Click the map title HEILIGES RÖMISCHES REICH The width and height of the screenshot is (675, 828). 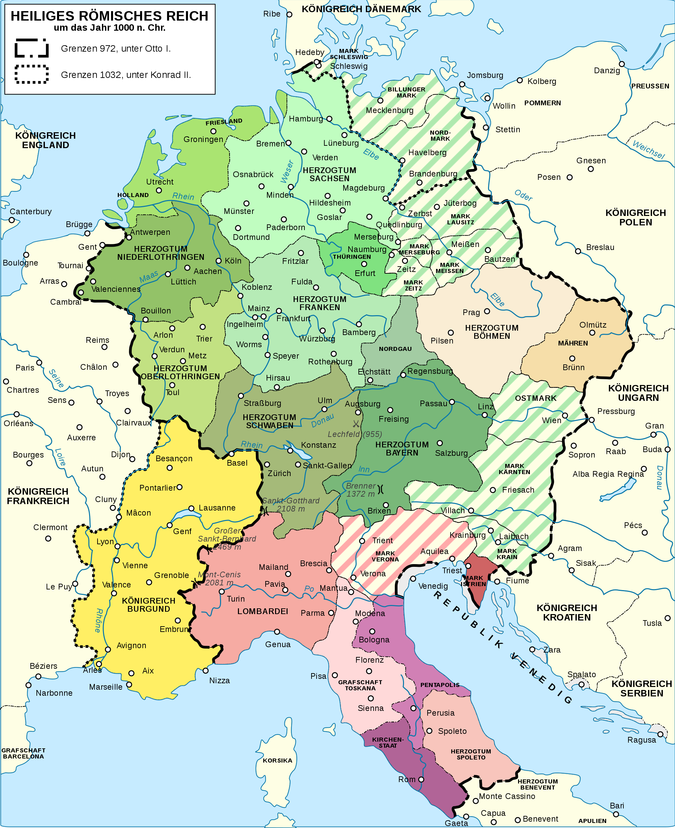click(x=109, y=16)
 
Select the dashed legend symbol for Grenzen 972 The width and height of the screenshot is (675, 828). click(x=31, y=48)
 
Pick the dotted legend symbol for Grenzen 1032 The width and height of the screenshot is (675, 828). click(x=31, y=74)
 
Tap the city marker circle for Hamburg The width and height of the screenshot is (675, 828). click(x=329, y=118)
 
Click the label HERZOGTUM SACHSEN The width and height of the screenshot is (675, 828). click(x=329, y=174)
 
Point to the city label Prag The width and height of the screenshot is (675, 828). click(x=471, y=312)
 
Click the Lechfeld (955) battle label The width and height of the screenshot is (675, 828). click(x=355, y=434)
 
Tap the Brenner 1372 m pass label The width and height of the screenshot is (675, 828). click(x=360, y=490)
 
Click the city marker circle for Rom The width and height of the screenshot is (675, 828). click(x=421, y=779)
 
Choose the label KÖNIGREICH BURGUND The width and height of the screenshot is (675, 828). click(x=148, y=605)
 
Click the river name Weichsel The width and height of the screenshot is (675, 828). click(x=648, y=150)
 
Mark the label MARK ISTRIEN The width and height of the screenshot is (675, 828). click(x=473, y=581)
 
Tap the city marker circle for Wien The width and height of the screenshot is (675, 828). click(x=565, y=416)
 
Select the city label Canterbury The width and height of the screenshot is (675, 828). click(x=31, y=212)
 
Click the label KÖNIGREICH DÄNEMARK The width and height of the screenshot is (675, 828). click(x=361, y=9)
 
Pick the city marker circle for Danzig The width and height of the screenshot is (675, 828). click(x=622, y=64)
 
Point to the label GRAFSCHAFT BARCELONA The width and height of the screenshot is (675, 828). click(x=23, y=753)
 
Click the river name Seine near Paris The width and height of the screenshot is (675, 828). click(x=56, y=378)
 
